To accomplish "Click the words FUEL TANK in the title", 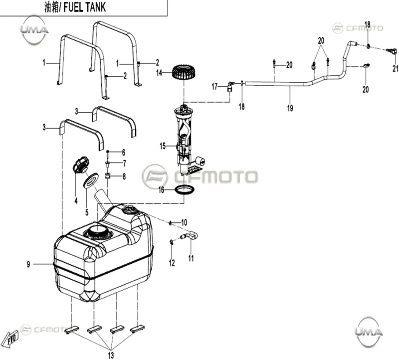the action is pyautogui.click(x=84, y=7).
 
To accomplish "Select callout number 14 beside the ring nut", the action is pyautogui.click(x=159, y=73).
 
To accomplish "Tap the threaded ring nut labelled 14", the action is pyautogui.click(x=183, y=72).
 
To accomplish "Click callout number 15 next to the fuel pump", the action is pyautogui.click(x=163, y=146).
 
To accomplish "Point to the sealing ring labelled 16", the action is pyautogui.click(x=185, y=190).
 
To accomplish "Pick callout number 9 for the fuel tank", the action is pyautogui.click(x=28, y=264).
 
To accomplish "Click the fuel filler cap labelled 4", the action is pyautogui.click(x=81, y=165).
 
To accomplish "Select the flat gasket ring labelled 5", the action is pyautogui.click(x=91, y=180).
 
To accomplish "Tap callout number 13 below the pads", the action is pyautogui.click(x=111, y=355).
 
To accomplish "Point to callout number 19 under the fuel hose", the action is pyautogui.click(x=290, y=108).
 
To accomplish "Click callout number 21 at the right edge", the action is pyautogui.click(x=395, y=68).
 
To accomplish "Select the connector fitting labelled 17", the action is pyautogui.click(x=230, y=86).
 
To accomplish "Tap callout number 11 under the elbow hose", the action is pyautogui.click(x=191, y=258).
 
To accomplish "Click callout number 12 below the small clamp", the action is pyautogui.click(x=172, y=263).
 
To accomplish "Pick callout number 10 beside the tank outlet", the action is pyautogui.click(x=184, y=222).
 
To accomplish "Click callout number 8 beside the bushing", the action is pyautogui.click(x=124, y=177).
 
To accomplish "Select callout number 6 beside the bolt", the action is pyautogui.click(x=124, y=153).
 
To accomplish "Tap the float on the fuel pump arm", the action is pyautogui.click(x=200, y=161).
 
